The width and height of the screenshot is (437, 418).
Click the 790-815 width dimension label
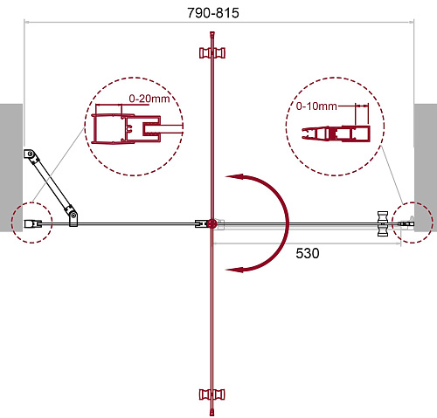tap(213, 13)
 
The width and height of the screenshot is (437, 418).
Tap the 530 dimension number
tap(308, 253)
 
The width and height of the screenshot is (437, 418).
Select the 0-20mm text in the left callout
tap(149, 99)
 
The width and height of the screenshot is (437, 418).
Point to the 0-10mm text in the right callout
tap(316, 106)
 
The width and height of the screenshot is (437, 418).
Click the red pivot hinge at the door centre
tap(212, 223)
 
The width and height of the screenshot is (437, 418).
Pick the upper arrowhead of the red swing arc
tap(234, 176)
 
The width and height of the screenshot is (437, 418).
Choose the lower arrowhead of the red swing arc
tap(234, 270)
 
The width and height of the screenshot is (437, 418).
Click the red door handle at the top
tap(212, 53)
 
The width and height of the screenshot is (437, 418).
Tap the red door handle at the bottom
tap(212, 394)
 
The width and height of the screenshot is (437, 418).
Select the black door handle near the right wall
tap(383, 223)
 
